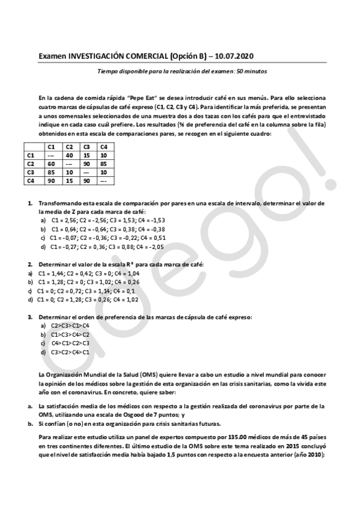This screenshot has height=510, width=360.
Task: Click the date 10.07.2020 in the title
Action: pos(233,56)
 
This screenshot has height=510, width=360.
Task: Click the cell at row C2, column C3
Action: pos(87,164)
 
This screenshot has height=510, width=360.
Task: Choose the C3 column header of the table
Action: pos(87,147)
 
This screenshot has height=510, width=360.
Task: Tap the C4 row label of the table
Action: pos(31,180)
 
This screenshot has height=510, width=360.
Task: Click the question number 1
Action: pos(30,203)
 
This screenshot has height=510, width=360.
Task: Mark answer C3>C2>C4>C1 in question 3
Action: pos(70,352)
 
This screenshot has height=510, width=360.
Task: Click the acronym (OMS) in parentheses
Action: pos(147,374)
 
